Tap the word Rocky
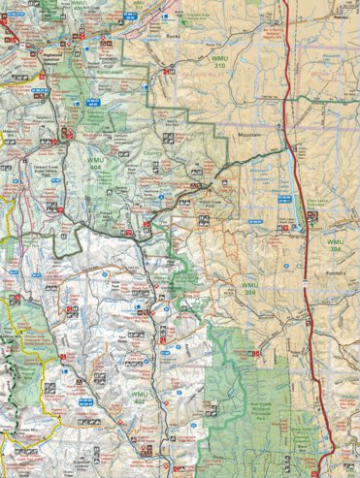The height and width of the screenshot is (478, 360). coord(175,36)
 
